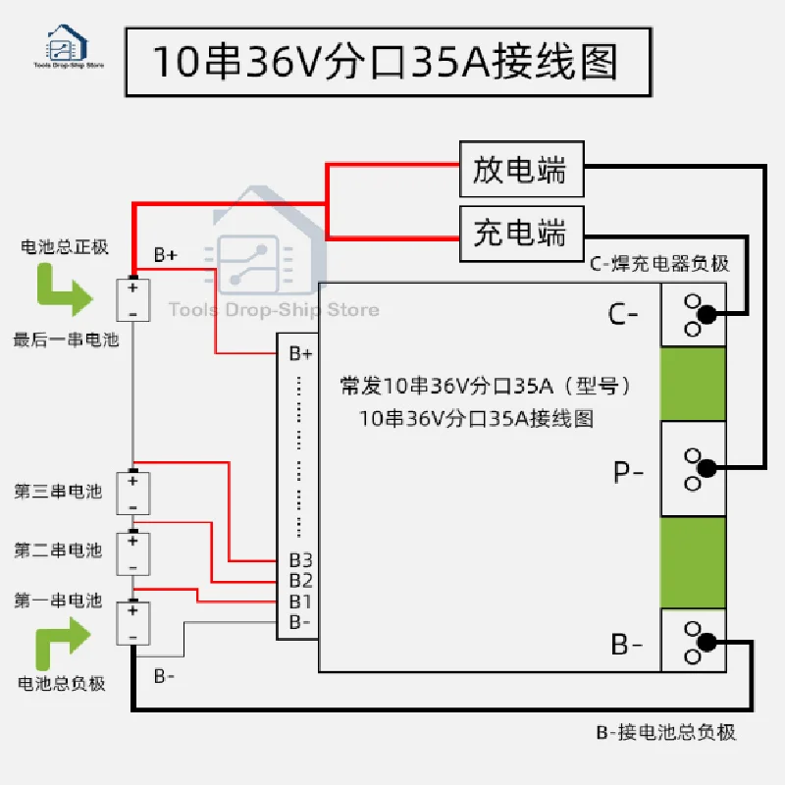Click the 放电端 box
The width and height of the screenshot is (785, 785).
[x=520, y=171]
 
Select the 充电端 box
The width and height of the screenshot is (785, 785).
[x=520, y=234]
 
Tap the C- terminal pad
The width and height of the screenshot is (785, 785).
[x=694, y=314]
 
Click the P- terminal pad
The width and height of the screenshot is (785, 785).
[x=694, y=468]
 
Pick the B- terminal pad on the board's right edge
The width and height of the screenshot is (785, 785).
[x=694, y=643]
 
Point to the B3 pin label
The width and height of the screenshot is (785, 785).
[x=300, y=561]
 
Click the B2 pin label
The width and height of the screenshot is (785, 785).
[x=300, y=581]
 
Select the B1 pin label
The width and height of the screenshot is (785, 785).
[x=300, y=601]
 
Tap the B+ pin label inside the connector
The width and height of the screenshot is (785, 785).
[x=300, y=354]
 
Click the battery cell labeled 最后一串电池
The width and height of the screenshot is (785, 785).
[x=133, y=299]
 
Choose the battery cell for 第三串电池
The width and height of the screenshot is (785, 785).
[x=133, y=493]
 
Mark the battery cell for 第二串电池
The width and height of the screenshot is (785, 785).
[x=133, y=554]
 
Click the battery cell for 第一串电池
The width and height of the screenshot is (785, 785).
[x=133, y=624]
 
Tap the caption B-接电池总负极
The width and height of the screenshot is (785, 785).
[x=665, y=732]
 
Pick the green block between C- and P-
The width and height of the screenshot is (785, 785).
[x=694, y=384]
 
